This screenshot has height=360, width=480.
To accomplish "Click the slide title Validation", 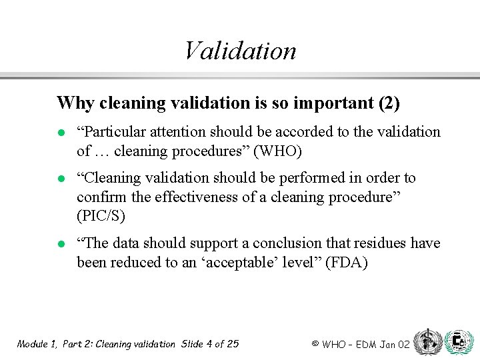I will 240,51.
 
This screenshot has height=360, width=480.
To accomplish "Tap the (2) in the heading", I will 388,103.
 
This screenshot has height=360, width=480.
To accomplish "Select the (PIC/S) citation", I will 101,216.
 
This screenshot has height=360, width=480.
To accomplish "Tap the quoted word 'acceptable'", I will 241,262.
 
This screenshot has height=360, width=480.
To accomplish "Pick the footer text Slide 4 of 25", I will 209,344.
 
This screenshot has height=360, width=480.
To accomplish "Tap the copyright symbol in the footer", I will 315,344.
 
